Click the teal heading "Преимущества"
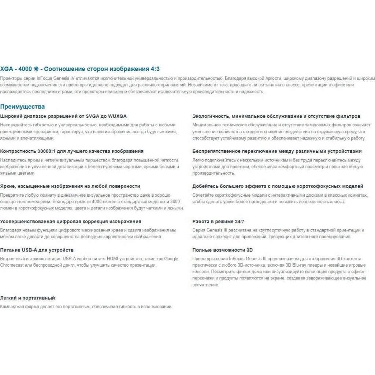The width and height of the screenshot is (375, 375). (22, 107)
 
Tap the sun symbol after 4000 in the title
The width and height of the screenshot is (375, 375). (36, 69)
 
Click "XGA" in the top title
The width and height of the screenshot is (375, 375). (7, 69)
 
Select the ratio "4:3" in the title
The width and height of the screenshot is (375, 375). (155, 69)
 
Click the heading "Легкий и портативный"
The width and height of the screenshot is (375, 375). (27, 298)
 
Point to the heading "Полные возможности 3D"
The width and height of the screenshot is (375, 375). (223, 250)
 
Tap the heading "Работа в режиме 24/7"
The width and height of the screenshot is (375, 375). (218, 221)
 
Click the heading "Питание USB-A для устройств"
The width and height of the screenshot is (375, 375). (37, 250)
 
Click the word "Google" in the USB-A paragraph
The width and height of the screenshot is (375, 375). (171, 259)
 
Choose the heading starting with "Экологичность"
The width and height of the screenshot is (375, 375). (276, 116)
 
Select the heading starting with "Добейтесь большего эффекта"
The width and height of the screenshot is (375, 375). (278, 186)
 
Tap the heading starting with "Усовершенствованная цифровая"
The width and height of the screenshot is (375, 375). (71, 221)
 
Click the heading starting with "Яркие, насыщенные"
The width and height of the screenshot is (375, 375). (70, 186)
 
